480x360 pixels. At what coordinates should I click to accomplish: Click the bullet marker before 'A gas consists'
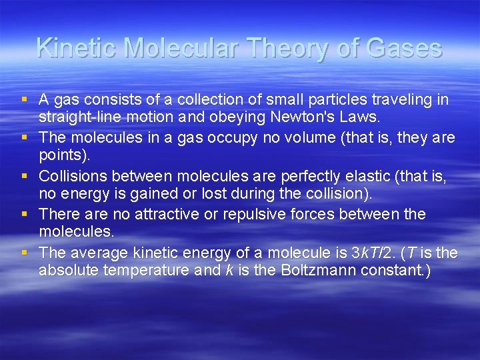24,100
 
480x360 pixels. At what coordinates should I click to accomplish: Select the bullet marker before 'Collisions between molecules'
24,176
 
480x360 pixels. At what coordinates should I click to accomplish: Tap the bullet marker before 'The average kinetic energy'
24,253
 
